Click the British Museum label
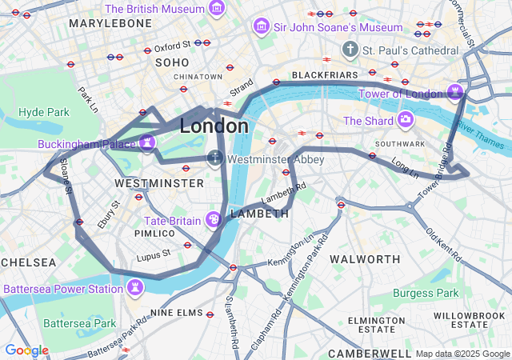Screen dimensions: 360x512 click(155, 9)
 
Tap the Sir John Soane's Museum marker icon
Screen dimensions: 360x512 click(261, 27)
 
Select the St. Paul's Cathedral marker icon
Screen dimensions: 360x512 click(350, 50)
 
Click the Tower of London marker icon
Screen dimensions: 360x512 click(456, 91)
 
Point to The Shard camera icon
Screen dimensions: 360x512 click(406, 121)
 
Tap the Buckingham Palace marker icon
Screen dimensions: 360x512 click(146, 143)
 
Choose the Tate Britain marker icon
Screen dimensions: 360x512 click(214, 219)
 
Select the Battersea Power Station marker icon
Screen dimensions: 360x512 click(136, 286)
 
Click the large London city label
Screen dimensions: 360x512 click(214, 126)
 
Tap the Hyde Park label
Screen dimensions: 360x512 click(44, 112)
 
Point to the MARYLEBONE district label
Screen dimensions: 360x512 click(110, 24)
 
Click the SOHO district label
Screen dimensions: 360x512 click(172, 62)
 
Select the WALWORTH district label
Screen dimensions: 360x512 click(365, 259)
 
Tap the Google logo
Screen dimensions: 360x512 click(26, 350)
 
